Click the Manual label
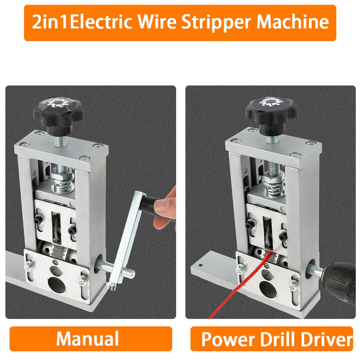(88, 339)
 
